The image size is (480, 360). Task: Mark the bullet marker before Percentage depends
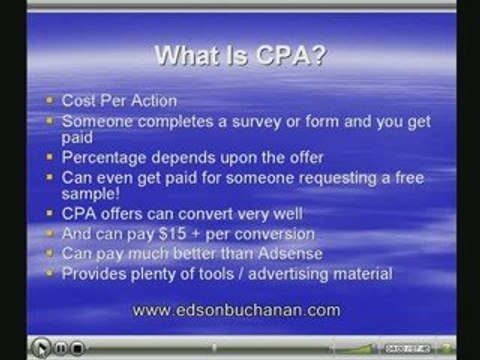click(51, 158)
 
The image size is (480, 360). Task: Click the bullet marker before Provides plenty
click(51, 274)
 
